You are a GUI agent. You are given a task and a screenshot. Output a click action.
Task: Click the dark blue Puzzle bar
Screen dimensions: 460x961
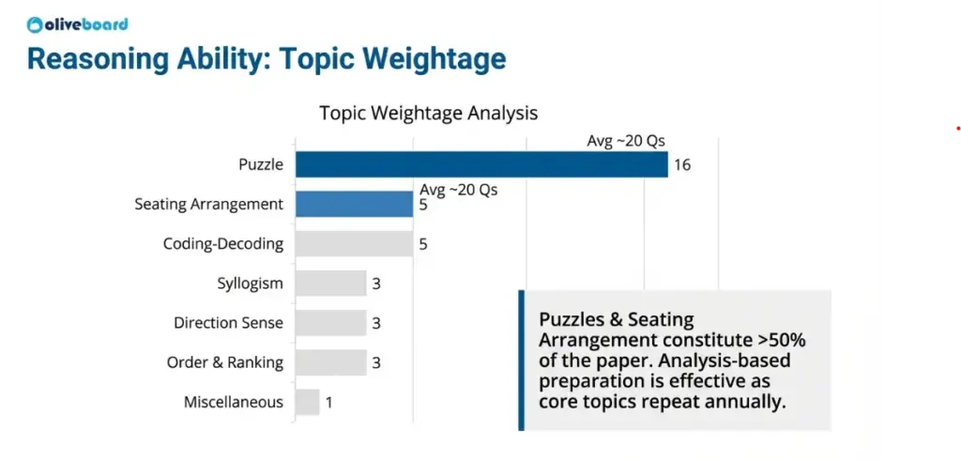[480, 164]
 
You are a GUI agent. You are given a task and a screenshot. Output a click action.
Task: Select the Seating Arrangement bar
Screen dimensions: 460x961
[354, 204]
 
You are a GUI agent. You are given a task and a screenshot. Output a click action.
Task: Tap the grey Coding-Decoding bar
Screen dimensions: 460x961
[354, 244]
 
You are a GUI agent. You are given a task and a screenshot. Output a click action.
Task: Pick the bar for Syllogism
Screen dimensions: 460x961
[330, 284]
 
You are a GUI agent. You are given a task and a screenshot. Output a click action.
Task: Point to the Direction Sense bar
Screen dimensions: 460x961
[330, 323]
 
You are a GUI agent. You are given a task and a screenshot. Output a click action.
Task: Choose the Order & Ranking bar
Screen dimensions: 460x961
[330, 362]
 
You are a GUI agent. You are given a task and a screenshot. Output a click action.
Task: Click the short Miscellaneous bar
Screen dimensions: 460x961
[307, 402]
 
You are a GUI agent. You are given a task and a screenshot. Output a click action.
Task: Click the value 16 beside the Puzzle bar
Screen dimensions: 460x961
[682, 165]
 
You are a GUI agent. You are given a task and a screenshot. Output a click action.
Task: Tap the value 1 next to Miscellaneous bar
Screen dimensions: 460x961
[328, 402]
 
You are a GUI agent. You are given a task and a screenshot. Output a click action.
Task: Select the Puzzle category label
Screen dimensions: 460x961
[260, 164]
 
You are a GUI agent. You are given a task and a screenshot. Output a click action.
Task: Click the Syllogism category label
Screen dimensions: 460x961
[250, 284]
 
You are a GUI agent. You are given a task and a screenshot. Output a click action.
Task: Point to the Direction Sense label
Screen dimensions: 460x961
[228, 323]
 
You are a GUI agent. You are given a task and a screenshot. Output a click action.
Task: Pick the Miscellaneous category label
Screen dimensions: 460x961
[233, 402]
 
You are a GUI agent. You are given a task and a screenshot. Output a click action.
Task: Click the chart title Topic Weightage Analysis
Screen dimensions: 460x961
[428, 113]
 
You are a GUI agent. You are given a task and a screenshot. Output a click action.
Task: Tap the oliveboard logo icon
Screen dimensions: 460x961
[35, 24]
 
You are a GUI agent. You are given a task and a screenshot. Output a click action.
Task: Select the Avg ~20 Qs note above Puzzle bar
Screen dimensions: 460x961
[626, 141]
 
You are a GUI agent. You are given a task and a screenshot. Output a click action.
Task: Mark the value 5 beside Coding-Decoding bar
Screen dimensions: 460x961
[423, 244]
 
